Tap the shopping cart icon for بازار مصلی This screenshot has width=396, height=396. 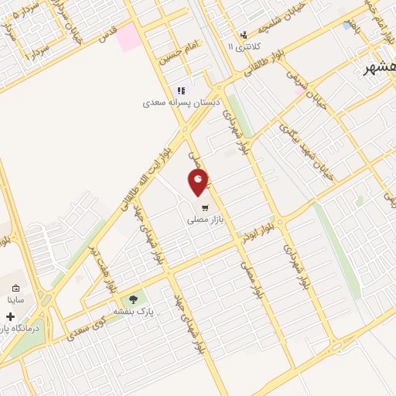pyautogui.click(x=204, y=207)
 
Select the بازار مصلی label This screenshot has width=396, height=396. pyautogui.click(x=203, y=220)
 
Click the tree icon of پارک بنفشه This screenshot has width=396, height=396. pyautogui.click(x=134, y=299)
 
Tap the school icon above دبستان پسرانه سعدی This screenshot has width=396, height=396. pyautogui.click(x=182, y=90)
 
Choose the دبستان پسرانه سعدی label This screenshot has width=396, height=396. pyautogui.click(x=181, y=102)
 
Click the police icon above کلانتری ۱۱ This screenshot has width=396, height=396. pyautogui.click(x=244, y=35)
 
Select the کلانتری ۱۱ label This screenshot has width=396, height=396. pyautogui.click(x=244, y=47)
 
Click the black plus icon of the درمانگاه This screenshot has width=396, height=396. pyautogui.click(x=10, y=316)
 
